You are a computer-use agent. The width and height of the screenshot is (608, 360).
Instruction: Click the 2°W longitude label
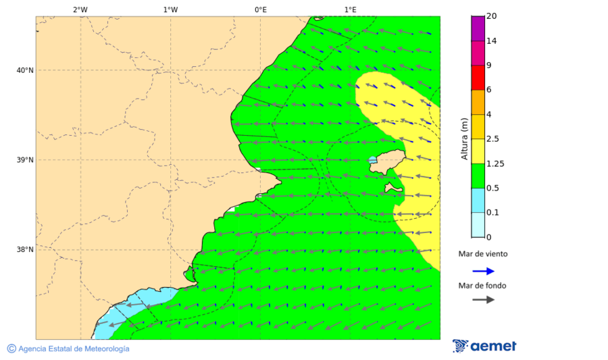pos(80,9)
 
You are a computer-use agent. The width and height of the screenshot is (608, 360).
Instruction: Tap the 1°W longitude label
pos(170,9)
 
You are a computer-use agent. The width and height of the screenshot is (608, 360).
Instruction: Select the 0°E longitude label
pos(260,9)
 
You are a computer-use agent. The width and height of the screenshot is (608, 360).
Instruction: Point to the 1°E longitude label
pos(350,9)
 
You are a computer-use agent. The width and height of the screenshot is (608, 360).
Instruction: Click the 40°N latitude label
pos(25,70)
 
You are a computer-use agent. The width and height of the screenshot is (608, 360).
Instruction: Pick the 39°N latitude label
pos(25,160)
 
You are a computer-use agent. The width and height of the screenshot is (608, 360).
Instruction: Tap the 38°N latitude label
pos(25,250)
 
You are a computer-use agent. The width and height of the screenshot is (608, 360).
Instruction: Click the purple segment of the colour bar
pos(478,28)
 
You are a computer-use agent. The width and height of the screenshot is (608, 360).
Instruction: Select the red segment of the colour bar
pos(478,78)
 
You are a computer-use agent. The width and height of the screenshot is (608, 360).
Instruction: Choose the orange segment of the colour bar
pos(478,102)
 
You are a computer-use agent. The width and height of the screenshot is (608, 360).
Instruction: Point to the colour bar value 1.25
pos(496,163)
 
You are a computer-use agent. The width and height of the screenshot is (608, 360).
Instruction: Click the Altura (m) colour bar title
pos(464,138)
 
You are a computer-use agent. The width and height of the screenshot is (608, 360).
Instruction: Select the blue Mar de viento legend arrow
pos(484,271)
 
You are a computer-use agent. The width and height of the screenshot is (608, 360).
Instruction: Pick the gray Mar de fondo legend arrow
pos(484,300)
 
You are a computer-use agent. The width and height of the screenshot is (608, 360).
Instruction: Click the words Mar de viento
pos(483,255)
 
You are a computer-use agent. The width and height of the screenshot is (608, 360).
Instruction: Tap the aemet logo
pos(484,346)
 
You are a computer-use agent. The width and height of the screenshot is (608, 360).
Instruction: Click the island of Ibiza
pos(389,162)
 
